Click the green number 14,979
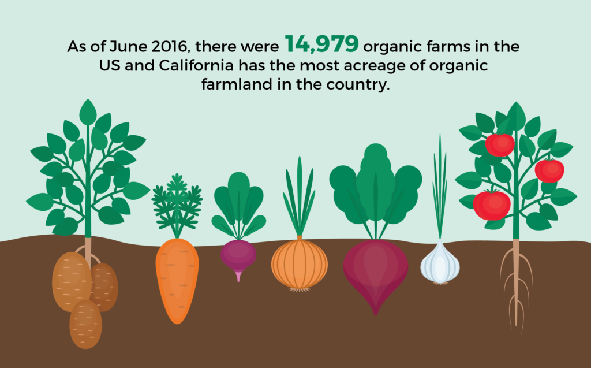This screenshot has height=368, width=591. [x=321, y=44]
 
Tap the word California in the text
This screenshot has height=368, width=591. [x=196, y=65]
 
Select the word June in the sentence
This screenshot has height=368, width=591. [x=128, y=46]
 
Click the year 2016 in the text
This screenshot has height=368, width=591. [x=170, y=46]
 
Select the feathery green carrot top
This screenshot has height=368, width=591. [x=177, y=205]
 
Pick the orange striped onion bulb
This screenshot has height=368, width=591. [x=300, y=264]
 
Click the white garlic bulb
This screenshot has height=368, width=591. [x=440, y=262]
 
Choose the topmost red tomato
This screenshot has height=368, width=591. [x=500, y=144]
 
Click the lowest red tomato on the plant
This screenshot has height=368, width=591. [x=492, y=205]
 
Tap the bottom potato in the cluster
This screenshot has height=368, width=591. [x=85, y=324]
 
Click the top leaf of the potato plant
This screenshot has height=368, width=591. [x=88, y=112]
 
